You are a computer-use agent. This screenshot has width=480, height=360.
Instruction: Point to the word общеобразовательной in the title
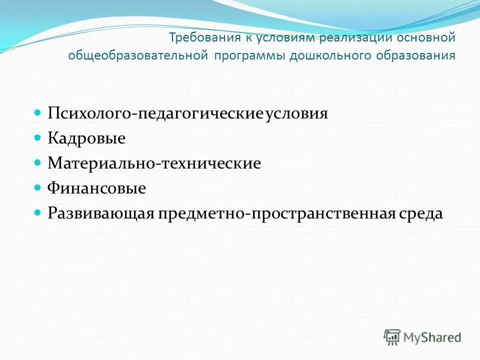tap(138, 55)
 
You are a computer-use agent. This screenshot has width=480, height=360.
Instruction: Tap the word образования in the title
tap(416, 55)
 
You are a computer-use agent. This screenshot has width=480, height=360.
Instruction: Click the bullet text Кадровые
tap(86, 138)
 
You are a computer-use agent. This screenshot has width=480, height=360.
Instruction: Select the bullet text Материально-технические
tap(154, 163)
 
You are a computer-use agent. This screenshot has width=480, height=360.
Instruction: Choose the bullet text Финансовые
tap(97, 188)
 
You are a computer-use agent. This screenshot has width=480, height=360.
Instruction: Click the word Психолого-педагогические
tap(155, 113)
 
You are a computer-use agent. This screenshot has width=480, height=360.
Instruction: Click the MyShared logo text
tap(433, 337)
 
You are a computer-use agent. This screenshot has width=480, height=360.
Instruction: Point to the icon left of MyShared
tap(392, 336)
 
